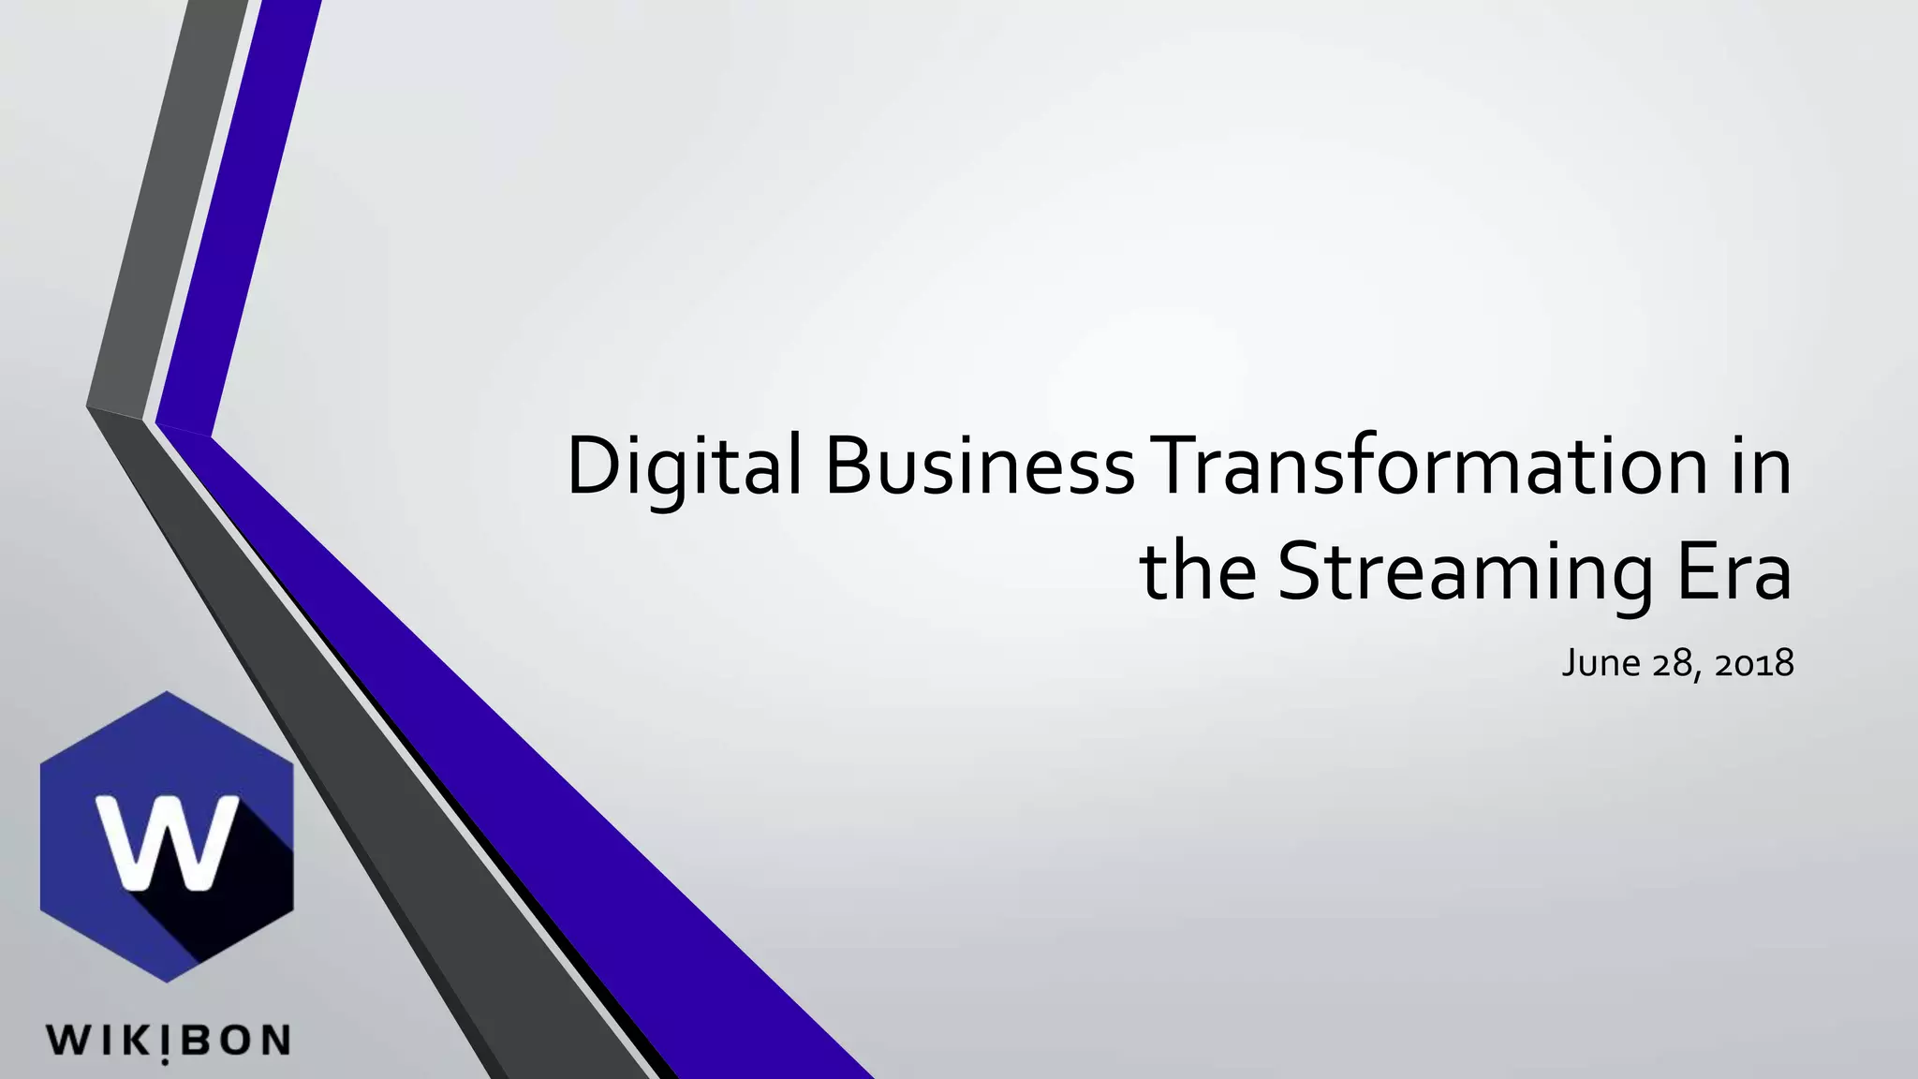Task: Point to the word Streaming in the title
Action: pyautogui.click(x=1464, y=571)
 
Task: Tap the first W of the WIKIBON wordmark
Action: pyautogui.click(x=66, y=1041)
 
